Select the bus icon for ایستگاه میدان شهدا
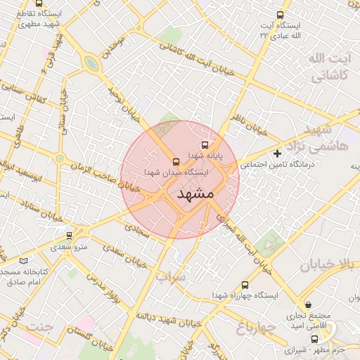point(175,162)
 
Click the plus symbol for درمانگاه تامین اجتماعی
point(278,153)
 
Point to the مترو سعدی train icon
point(68,236)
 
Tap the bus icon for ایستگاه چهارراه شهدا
point(245,285)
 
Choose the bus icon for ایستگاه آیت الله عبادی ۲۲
point(281,15)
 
